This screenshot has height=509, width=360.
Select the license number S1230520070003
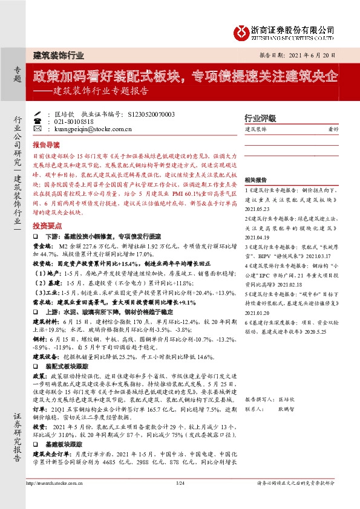[x=152, y=114]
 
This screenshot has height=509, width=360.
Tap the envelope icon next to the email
[x=38, y=129]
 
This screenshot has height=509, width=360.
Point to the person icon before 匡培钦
[x=38, y=114]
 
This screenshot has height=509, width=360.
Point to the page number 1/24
[x=179, y=482]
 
